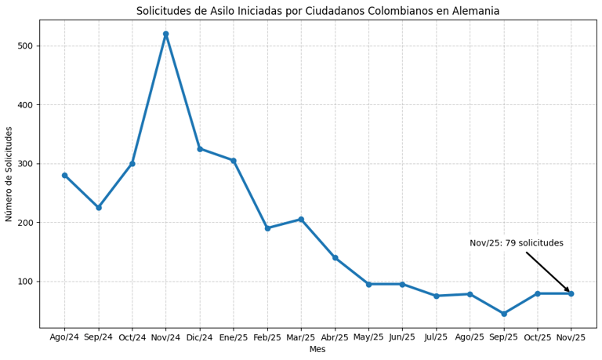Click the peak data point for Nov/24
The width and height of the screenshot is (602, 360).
click(x=165, y=34)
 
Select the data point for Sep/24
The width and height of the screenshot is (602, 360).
click(x=98, y=208)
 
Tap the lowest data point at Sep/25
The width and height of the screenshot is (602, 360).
click(x=504, y=314)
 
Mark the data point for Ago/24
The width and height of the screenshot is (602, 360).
click(x=64, y=175)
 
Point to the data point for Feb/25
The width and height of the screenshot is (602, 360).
click(x=267, y=228)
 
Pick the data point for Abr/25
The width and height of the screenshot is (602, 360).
click(x=335, y=257)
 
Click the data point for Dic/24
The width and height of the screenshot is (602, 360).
click(x=199, y=149)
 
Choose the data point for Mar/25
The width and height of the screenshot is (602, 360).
click(x=301, y=220)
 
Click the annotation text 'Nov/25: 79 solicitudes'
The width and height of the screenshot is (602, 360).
click(x=516, y=243)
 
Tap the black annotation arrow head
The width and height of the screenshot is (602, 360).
click(x=568, y=291)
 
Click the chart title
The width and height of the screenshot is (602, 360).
click(x=317, y=11)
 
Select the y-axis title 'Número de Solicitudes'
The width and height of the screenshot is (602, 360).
click(x=9, y=174)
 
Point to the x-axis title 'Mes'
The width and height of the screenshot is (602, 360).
click(x=317, y=350)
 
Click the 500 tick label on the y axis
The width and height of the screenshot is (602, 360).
click(x=25, y=46)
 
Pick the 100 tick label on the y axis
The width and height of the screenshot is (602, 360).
click(x=25, y=282)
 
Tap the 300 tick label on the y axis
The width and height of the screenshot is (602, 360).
click(x=25, y=164)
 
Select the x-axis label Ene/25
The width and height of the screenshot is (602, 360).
click(x=233, y=337)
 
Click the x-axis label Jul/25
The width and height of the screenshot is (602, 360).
click(x=436, y=337)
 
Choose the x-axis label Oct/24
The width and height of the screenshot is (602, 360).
click(x=132, y=337)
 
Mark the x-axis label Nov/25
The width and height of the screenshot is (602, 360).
click(x=571, y=337)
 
